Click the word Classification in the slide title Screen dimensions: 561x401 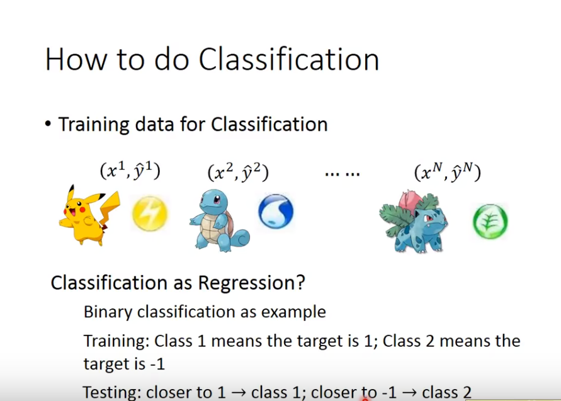pyautogui.click(x=289, y=59)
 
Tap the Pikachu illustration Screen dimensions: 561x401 pyautogui.click(x=89, y=215)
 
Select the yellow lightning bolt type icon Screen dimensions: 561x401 pyautogui.click(x=150, y=213)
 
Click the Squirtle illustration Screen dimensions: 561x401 pyautogui.click(x=219, y=220)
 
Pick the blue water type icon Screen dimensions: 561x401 pyautogui.click(x=276, y=212)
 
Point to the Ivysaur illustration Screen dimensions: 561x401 pyautogui.click(x=413, y=222)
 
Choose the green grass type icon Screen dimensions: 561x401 pyautogui.click(x=490, y=221)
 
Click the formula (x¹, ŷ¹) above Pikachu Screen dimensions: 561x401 pyautogui.click(x=130, y=171)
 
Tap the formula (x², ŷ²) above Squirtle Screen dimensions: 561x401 pyautogui.click(x=238, y=172)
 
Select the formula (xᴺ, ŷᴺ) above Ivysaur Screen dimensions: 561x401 pyautogui.click(x=447, y=172)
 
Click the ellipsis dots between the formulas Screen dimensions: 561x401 pyautogui.click(x=343, y=174)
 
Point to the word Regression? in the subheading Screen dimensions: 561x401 pyautogui.click(x=251, y=283)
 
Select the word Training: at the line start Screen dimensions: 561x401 pyautogui.click(x=116, y=341)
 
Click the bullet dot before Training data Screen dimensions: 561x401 pyautogui.click(x=48, y=124)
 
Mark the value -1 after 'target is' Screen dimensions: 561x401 pyautogui.click(x=157, y=364)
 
